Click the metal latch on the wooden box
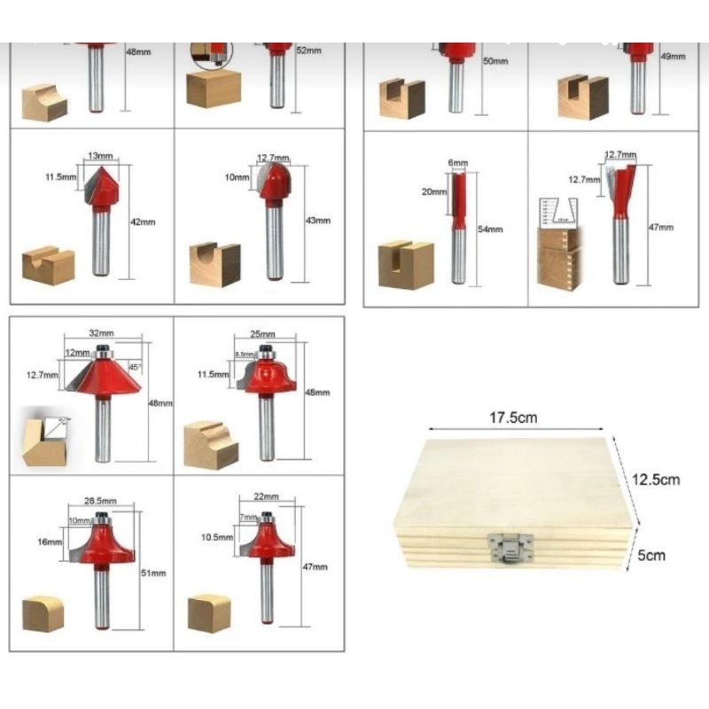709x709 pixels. [510, 549]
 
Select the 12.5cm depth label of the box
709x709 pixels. [655, 479]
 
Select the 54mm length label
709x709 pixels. [489, 230]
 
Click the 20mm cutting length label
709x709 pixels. [433, 191]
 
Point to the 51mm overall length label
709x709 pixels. [154, 573]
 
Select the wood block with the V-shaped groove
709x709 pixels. [48, 266]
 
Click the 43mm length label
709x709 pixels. [317, 221]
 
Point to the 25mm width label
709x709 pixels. [263, 334]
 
